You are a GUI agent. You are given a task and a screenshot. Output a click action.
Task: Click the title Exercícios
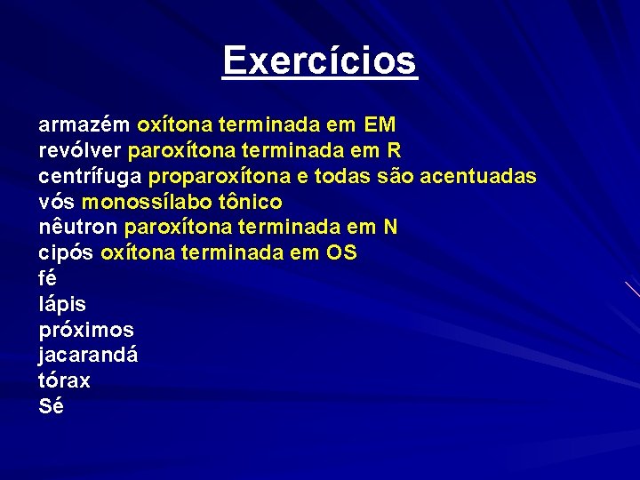[320, 61]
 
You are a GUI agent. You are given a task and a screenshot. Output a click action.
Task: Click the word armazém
[85, 124]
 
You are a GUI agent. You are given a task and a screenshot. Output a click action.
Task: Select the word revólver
[81, 150]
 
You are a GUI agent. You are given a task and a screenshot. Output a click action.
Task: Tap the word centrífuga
[91, 176]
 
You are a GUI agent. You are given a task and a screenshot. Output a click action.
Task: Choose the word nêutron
[79, 228]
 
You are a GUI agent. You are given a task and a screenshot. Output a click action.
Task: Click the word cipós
[67, 253]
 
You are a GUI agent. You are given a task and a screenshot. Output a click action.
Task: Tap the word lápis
[62, 305]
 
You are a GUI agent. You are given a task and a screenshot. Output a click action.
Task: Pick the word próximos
[86, 331]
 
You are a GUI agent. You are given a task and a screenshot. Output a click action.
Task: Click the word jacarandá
[88, 356]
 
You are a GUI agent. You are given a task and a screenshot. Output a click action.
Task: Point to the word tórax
[64, 381]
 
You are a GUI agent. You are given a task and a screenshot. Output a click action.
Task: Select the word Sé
[51, 407]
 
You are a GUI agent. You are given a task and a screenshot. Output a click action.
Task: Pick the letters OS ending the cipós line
[342, 253]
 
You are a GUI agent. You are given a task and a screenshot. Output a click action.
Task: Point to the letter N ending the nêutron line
[391, 228]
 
